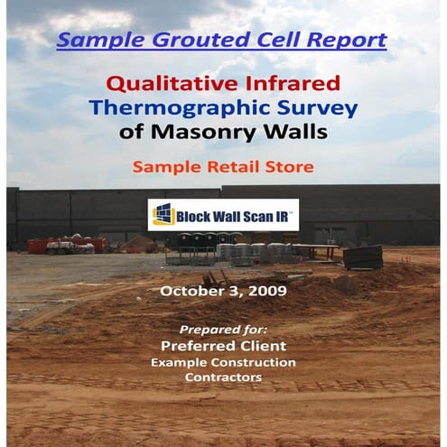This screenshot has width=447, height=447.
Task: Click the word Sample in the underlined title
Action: [x=99, y=41]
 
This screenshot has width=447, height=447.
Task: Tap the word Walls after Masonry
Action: [x=296, y=134]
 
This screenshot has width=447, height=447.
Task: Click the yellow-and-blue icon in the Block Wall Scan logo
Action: [x=163, y=215]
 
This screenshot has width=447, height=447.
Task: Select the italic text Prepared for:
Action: [x=223, y=329]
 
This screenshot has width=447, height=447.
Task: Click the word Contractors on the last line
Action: [x=223, y=377]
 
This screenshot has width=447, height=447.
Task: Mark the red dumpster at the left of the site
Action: [x=40, y=246]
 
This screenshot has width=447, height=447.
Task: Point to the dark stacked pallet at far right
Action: [x=363, y=257]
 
